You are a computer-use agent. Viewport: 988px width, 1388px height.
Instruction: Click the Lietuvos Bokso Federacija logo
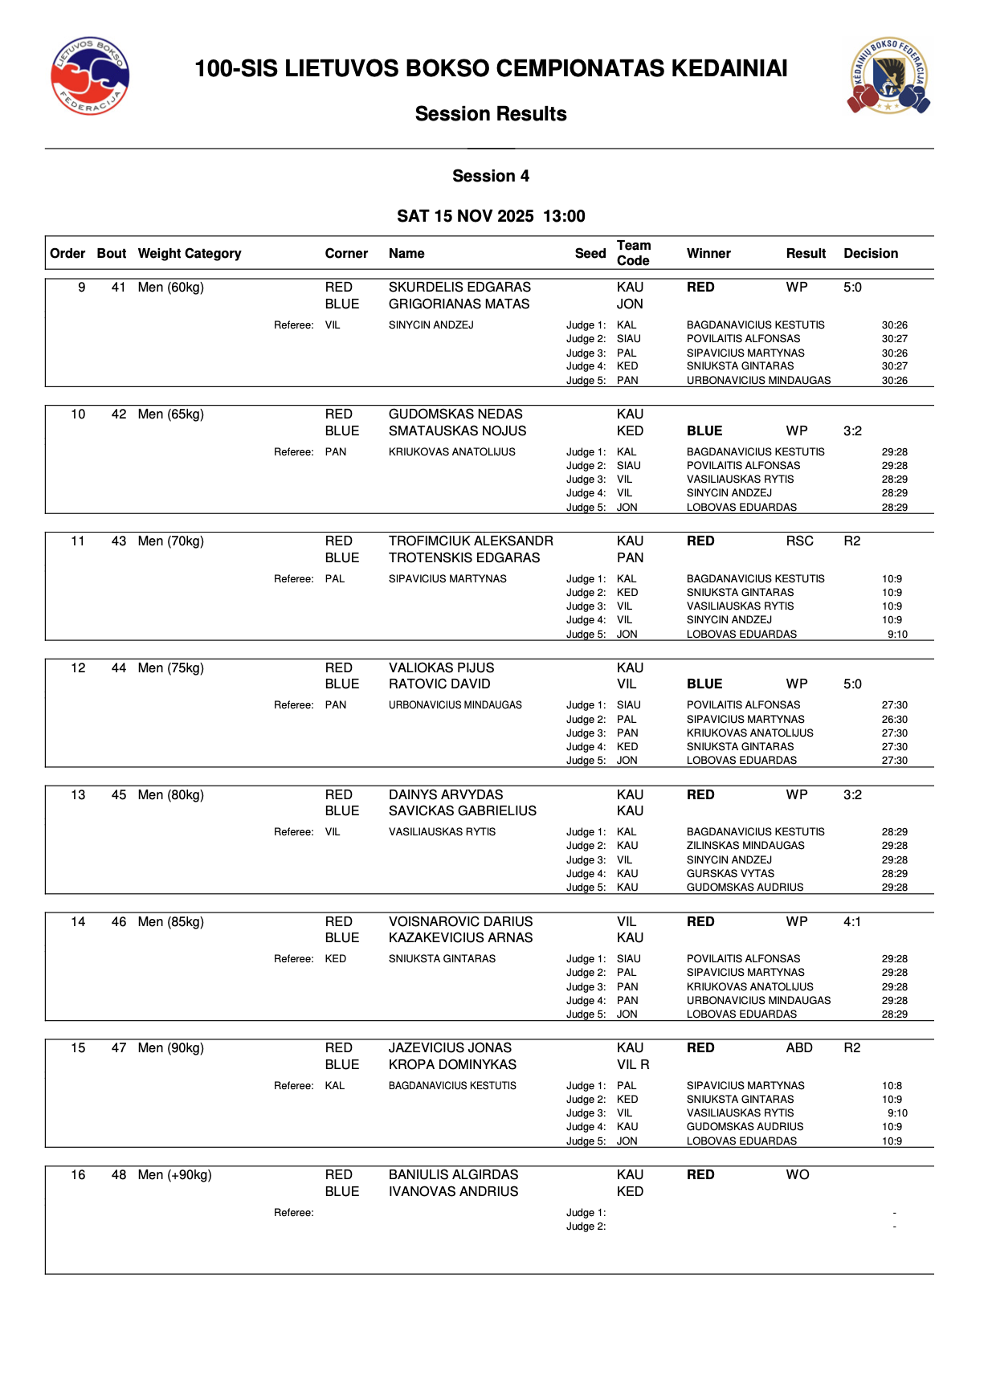(x=90, y=76)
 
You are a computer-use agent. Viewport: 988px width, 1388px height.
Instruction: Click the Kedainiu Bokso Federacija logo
(x=888, y=76)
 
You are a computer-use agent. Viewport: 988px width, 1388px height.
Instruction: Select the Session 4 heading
(x=491, y=176)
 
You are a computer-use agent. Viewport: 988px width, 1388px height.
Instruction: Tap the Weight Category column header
(x=190, y=254)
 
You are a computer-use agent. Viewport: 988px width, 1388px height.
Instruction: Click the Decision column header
(x=871, y=254)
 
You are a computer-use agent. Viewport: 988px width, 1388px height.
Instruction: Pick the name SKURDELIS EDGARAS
(x=459, y=288)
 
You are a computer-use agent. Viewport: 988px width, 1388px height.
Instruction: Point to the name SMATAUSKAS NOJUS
(x=457, y=431)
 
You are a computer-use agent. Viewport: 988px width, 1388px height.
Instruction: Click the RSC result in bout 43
(x=799, y=541)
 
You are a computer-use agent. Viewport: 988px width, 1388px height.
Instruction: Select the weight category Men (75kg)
(x=171, y=668)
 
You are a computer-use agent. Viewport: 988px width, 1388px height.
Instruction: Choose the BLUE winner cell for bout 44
(x=704, y=684)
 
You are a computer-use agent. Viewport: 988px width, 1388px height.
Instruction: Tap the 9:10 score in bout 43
(x=897, y=635)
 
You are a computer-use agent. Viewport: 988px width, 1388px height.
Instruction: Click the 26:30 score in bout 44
(x=894, y=720)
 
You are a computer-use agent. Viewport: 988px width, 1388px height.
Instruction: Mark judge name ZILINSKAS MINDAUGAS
(x=745, y=846)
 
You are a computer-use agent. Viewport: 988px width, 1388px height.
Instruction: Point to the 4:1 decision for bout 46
(x=852, y=922)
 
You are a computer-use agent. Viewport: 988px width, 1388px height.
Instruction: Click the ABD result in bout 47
(x=799, y=1048)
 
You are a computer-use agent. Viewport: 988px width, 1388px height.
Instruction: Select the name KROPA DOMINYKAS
(x=452, y=1065)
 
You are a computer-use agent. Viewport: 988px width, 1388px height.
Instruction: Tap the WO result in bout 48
(x=798, y=1175)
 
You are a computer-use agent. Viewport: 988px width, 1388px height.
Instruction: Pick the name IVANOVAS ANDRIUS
(x=453, y=1192)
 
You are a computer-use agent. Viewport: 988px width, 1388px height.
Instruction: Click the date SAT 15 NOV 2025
(x=465, y=216)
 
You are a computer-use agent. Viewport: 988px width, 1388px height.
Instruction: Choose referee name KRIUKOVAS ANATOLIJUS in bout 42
(x=451, y=452)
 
